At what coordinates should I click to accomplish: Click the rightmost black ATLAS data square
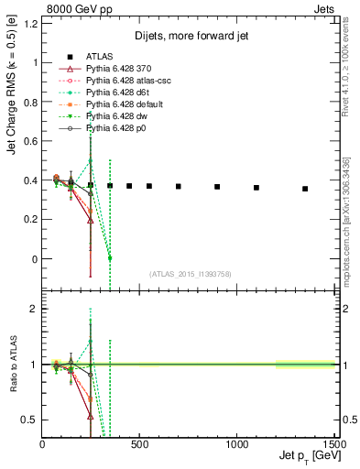coord(305,189)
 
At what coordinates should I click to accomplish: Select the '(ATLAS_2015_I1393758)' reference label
coord(189,273)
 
